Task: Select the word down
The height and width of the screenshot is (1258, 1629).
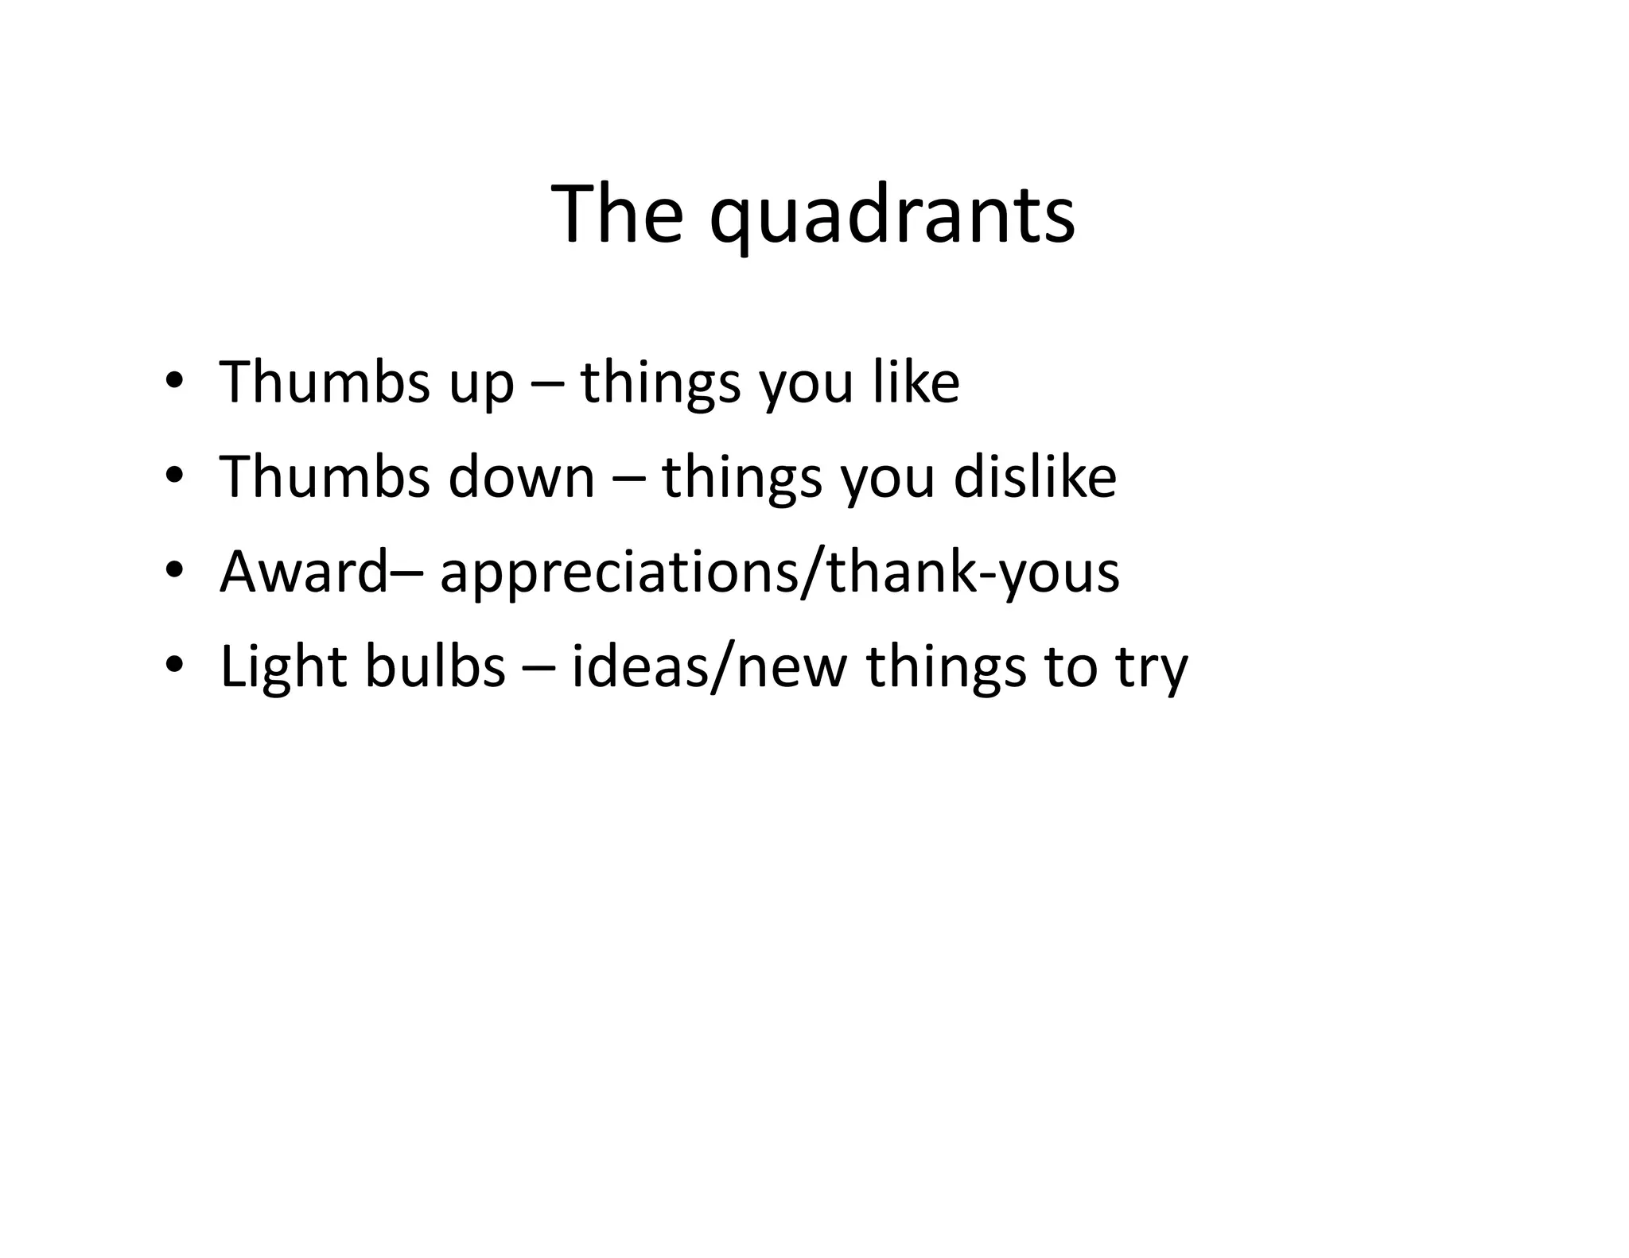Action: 522,476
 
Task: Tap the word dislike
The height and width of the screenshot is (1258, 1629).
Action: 1035,476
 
